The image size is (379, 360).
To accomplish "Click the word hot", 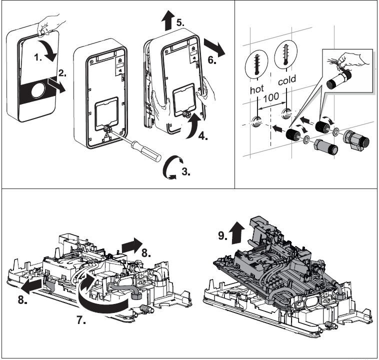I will click(258, 91).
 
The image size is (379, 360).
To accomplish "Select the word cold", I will click(286, 79).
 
